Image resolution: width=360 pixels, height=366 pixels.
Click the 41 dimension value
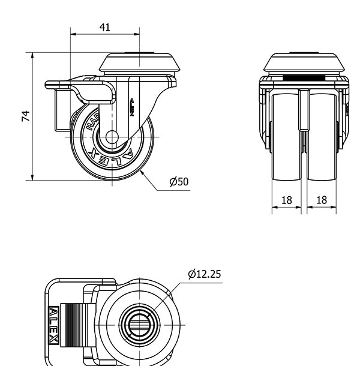click(105, 28)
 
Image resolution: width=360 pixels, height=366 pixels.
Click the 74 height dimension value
click(26, 116)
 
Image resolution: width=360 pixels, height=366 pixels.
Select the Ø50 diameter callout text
click(179, 182)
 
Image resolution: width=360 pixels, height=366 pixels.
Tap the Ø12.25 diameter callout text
click(204, 274)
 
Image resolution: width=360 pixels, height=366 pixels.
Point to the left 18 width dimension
click(287, 200)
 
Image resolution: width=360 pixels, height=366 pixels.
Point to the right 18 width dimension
click(322, 200)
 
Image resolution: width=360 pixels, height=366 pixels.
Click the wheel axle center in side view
click(112, 137)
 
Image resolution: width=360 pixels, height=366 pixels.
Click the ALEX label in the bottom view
click(53, 326)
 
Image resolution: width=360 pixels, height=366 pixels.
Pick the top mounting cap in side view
click(139, 62)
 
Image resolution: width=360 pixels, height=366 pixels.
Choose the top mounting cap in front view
click(304, 62)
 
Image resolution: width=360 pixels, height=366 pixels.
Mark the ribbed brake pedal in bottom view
click(75, 325)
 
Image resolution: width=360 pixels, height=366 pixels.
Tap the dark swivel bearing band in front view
click(304, 78)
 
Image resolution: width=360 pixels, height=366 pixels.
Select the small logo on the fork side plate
click(132, 108)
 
